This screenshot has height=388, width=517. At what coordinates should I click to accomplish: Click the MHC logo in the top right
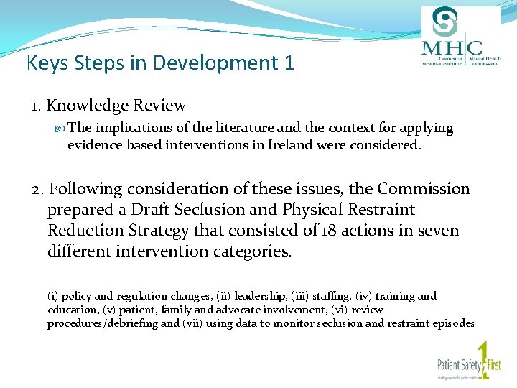tap(460, 37)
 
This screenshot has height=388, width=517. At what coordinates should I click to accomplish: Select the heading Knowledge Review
tap(116, 106)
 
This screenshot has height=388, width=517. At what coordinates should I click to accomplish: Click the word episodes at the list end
tap(450, 323)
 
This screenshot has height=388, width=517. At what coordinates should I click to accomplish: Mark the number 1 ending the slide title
tap(289, 63)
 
